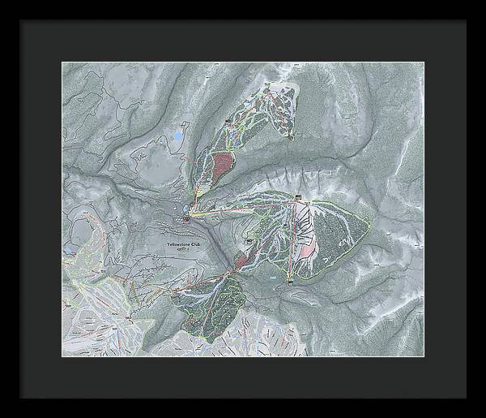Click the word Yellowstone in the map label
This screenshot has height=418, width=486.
click(x=174, y=243)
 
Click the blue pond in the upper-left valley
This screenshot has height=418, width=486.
click(x=177, y=138)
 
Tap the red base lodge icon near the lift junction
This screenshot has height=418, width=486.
click(x=187, y=218)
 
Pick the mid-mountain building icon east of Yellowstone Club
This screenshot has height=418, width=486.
click(x=249, y=241)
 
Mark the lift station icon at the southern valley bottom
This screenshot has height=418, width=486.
click(x=289, y=283)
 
